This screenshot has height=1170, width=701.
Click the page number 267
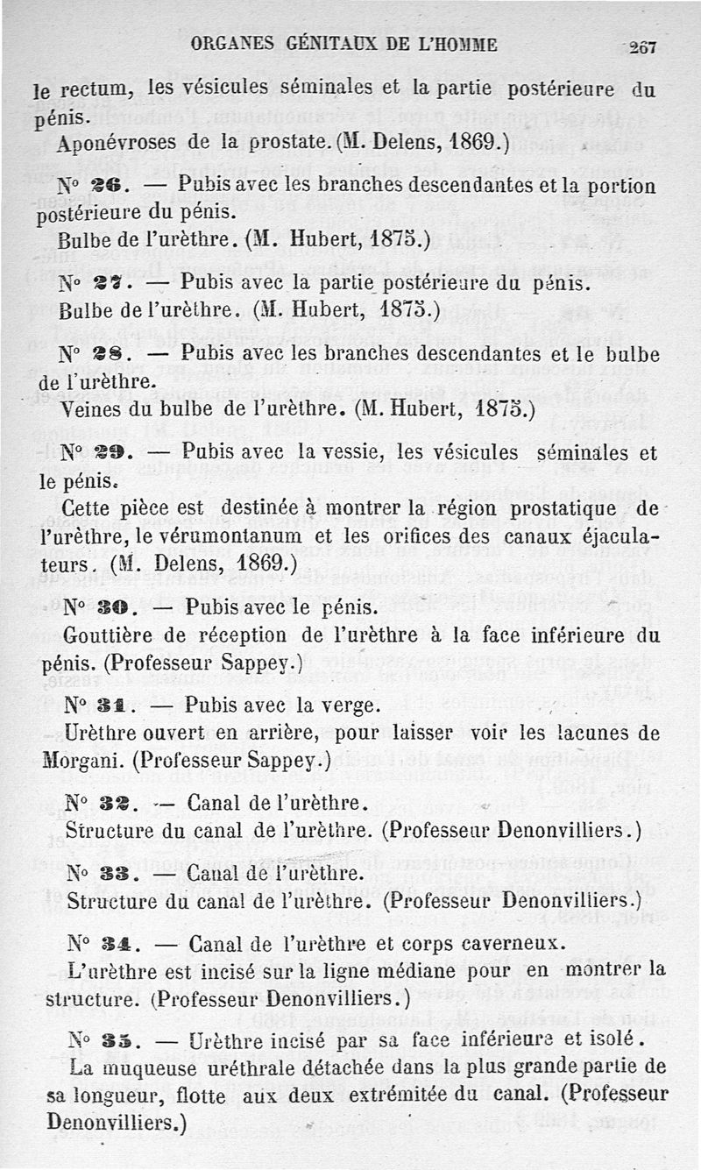coord(643,46)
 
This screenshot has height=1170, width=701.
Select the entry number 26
coord(119,187)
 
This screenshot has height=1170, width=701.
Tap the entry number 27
coord(119,285)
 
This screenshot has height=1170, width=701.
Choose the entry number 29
coord(119,453)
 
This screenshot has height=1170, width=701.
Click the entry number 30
coord(119,607)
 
